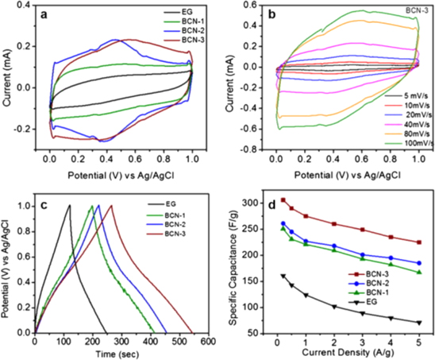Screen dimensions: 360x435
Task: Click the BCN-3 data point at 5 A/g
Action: pyautogui.click(x=419, y=242)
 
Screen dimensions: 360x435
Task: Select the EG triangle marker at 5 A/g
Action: pyautogui.click(x=419, y=323)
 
